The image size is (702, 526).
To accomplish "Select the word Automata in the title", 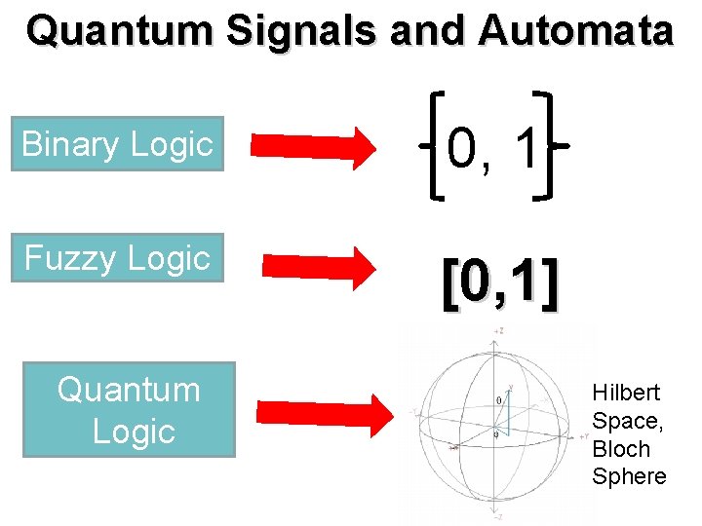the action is [575, 31].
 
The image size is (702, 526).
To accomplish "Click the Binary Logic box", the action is [117, 144].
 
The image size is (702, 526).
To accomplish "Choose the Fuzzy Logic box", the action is [117, 258].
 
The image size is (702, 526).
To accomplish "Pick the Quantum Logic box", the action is [129, 410].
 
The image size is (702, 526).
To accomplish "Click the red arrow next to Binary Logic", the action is [313, 146].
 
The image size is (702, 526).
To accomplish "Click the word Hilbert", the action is [626, 393].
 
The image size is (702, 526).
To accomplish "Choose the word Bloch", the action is [621, 449].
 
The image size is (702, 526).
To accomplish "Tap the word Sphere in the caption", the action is [629, 476].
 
